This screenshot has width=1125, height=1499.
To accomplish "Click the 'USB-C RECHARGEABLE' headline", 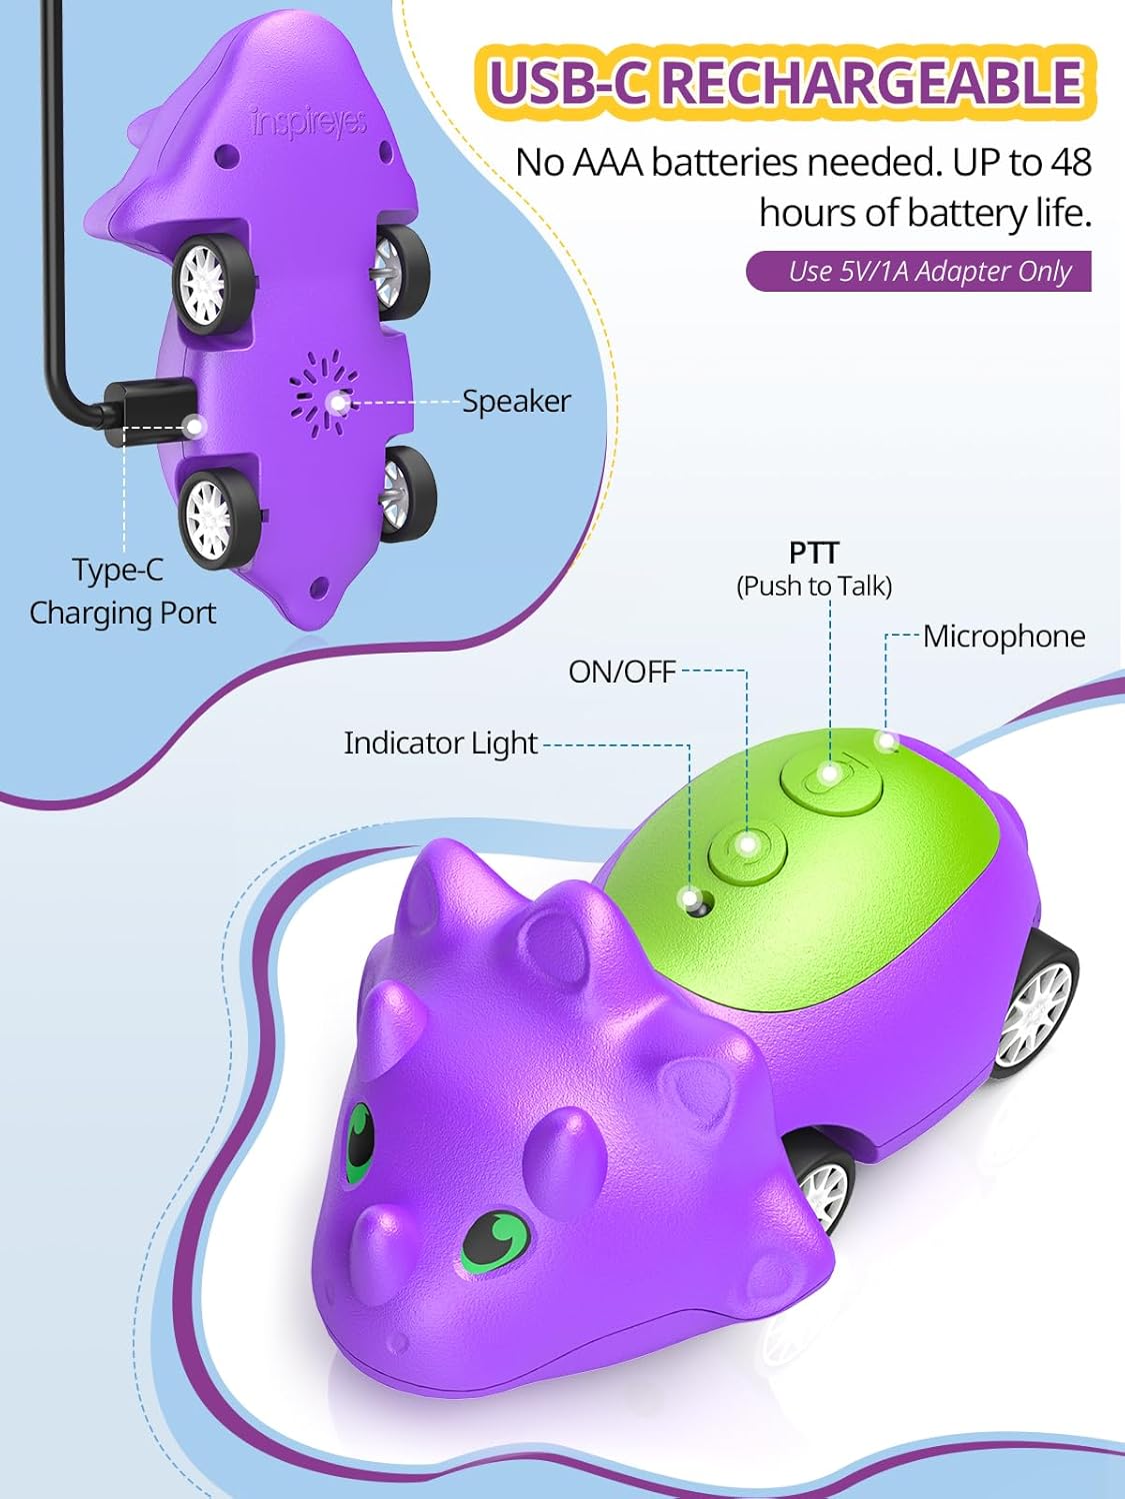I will click(786, 82).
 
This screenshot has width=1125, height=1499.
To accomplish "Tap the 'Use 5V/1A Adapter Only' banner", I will click(918, 271).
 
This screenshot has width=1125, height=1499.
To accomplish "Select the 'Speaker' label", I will click(516, 401).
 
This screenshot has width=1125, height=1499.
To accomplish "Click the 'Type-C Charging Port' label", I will click(122, 591).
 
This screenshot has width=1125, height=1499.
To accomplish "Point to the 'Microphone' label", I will click(1003, 636).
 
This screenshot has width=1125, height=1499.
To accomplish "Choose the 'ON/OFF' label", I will click(622, 672).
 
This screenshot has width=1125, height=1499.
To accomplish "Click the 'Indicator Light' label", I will click(440, 743).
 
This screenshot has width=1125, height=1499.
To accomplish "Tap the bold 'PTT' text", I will click(813, 553).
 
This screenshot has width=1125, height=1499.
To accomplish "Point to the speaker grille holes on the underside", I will click(323, 395).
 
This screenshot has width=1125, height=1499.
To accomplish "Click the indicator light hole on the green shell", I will click(696, 903).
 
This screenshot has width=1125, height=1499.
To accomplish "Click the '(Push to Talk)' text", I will click(814, 586).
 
